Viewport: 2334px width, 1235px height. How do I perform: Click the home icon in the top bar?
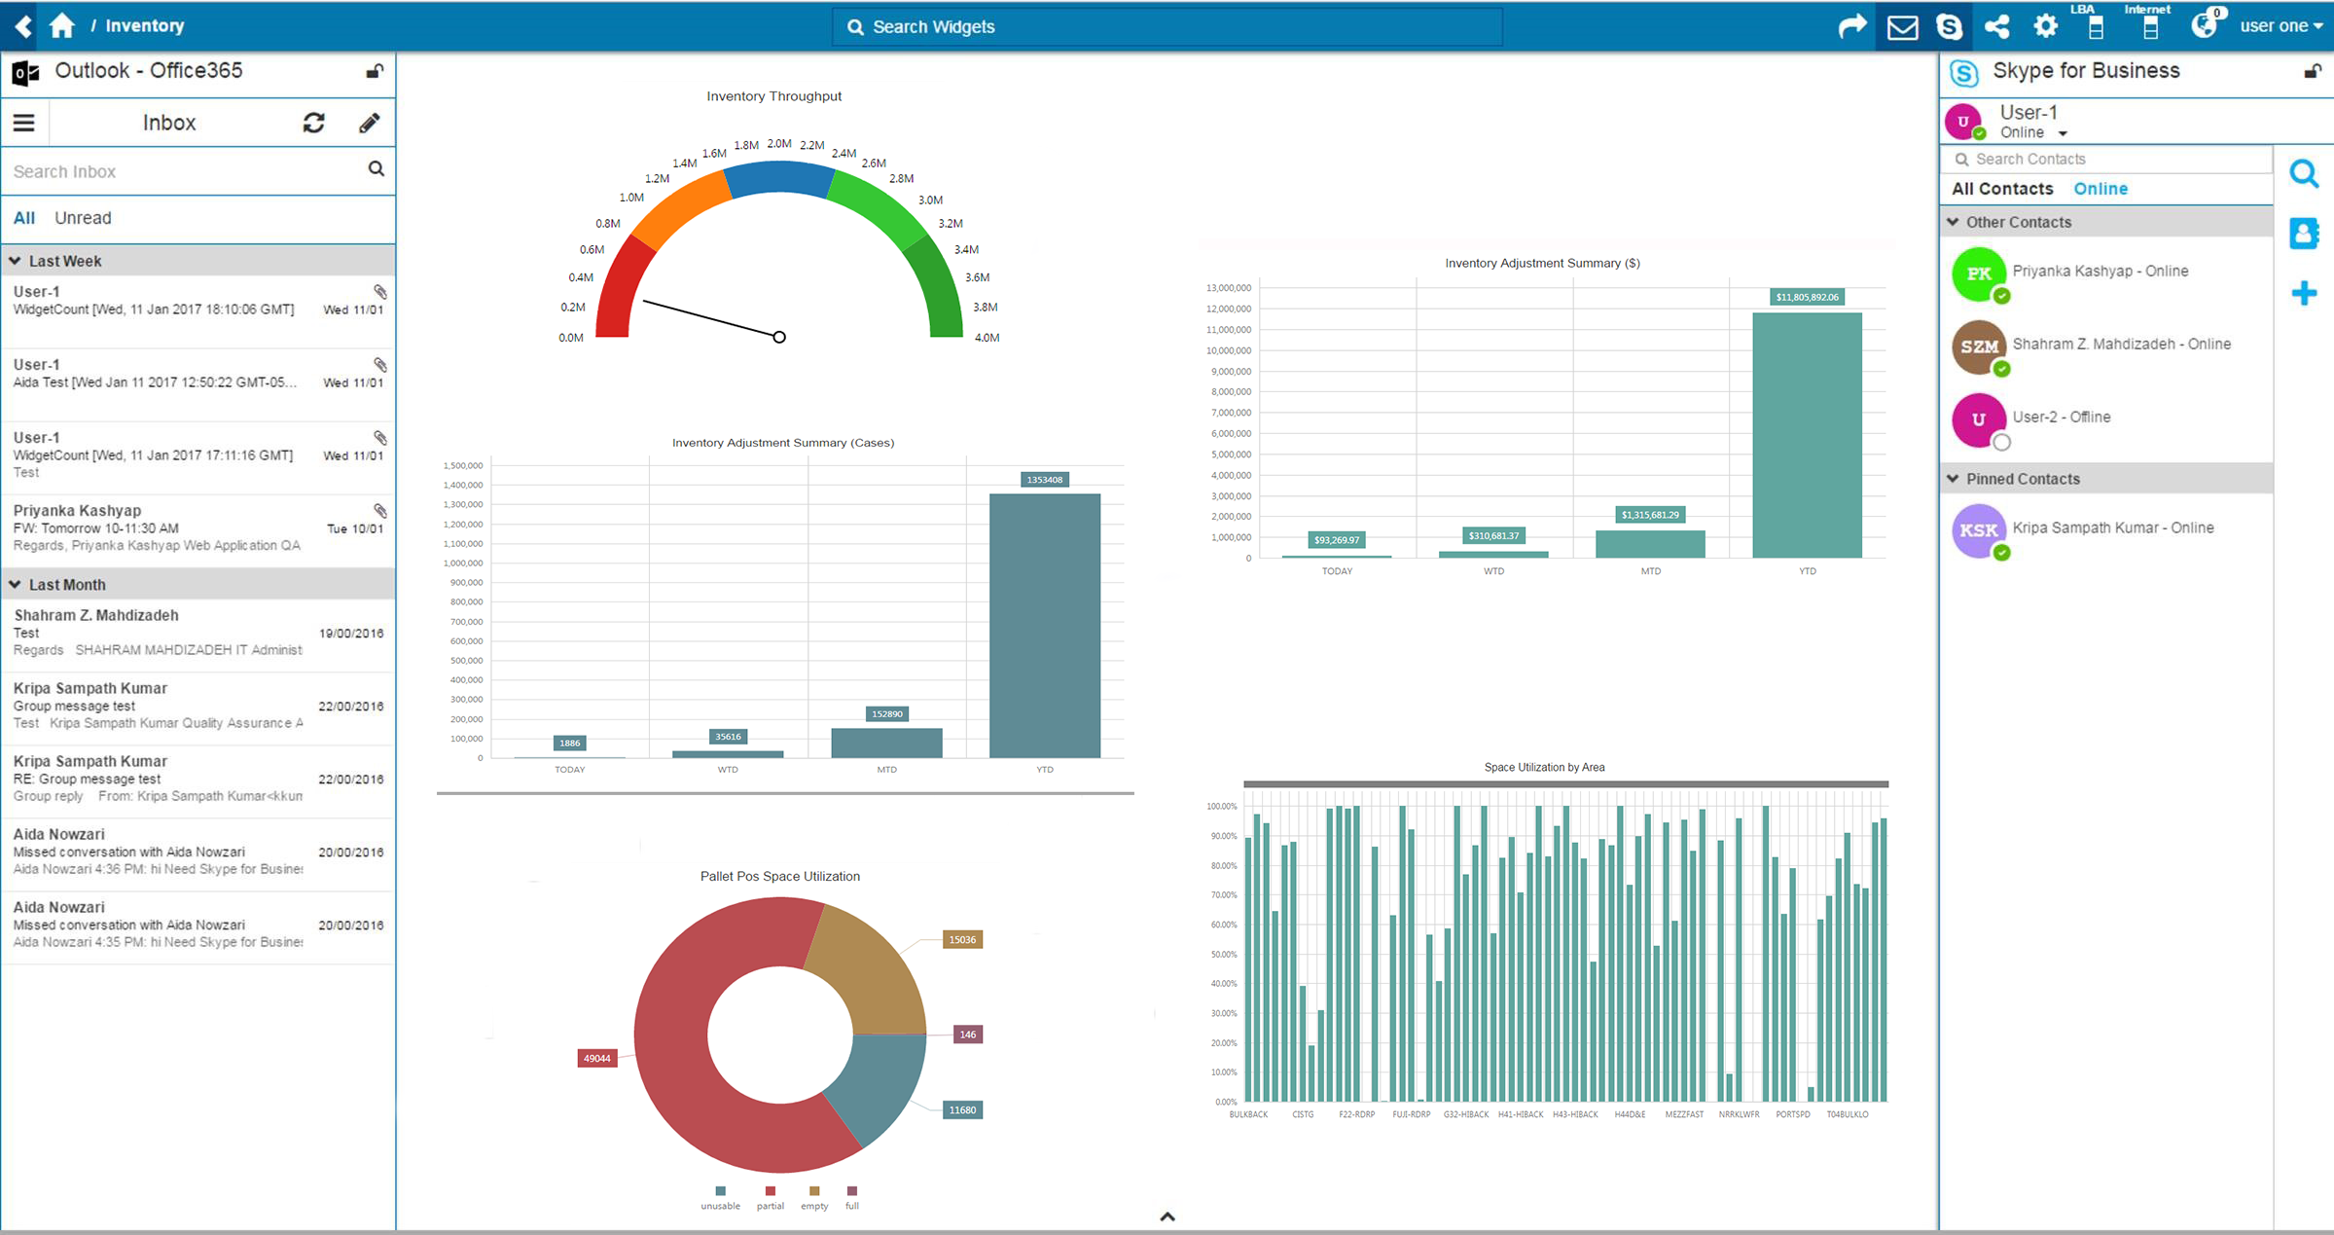click(x=62, y=26)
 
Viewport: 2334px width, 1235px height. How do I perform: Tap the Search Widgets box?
click(x=1167, y=27)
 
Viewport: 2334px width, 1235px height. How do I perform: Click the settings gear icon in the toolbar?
click(x=2045, y=26)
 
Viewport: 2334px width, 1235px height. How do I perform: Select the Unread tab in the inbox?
click(x=83, y=218)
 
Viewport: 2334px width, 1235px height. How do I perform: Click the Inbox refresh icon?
click(x=313, y=123)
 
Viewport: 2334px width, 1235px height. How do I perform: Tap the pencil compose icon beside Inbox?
click(x=369, y=123)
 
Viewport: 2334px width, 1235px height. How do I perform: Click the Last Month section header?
click(x=67, y=585)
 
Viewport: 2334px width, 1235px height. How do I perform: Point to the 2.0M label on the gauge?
click(x=779, y=144)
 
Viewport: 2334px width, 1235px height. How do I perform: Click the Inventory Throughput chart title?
click(x=773, y=96)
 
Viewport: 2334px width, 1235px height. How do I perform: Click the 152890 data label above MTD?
click(x=886, y=714)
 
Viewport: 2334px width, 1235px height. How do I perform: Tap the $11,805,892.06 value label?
click(x=1807, y=297)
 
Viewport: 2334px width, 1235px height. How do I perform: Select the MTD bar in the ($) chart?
click(x=1650, y=544)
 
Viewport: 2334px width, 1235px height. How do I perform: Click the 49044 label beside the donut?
click(x=597, y=1058)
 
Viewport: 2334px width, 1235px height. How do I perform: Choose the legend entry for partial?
click(x=770, y=1198)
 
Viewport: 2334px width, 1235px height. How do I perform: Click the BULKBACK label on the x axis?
click(x=1248, y=1114)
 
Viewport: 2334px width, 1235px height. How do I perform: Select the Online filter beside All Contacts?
click(x=2101, y=189)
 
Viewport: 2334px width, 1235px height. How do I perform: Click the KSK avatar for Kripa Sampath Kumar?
click(x=1979, y=530)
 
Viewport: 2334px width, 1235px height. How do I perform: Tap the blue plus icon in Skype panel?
click(x=2304, y=293)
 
